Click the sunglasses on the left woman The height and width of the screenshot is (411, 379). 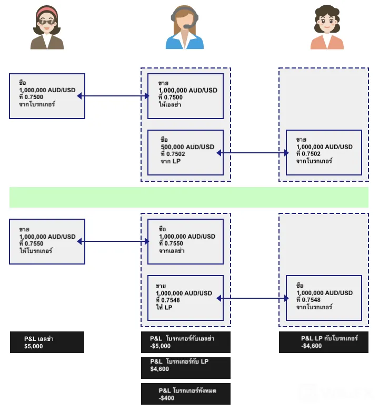pyautogui.click(x=47, y=22)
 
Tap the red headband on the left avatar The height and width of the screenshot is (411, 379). pyautogui.click(x=47, y=12)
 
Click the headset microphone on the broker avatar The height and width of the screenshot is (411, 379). pyautogui.click(x=187, y=26)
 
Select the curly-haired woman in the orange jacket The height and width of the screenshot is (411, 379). pyautogui.click(x=327, y=27)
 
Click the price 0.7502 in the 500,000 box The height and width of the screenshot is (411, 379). pyautogui.click(x=175, y=154)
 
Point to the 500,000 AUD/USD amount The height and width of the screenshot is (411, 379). pyautogui.click(x=187, y=147)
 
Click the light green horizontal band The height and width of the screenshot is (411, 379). pyautogui.click(x=189, y=197)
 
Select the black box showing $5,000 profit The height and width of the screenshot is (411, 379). pyautogui.click(x=47, y=342)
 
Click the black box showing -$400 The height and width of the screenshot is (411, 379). pyautogui.click(x=186, y=394)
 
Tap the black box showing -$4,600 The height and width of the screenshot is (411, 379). pyautogui.click(x=324, y=342)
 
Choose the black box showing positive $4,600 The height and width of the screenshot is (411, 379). pyautogui.click(x=186, y=368)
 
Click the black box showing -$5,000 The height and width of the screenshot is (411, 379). pyautogui.click(x=186, y=342)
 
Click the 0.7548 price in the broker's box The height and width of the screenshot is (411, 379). pyautogui.click(x=170, y=300)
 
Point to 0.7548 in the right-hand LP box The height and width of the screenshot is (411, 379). pyautogui.click(x=311, y=300)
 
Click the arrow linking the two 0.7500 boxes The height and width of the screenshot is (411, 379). pyautogui.click(x=113, y=96)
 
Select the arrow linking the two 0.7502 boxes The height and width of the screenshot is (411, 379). pyautogui.click(x=253, y=153)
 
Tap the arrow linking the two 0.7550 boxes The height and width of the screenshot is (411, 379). pyautogui.click(x=113, y=241)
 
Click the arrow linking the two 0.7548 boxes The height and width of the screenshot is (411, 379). pyautogui.click(x=253, y=298)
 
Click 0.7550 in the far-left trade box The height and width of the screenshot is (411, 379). pyautogui.click(x=34, y=243)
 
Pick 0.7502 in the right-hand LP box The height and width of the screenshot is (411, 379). pyautogui.click(x=311, y=154)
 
